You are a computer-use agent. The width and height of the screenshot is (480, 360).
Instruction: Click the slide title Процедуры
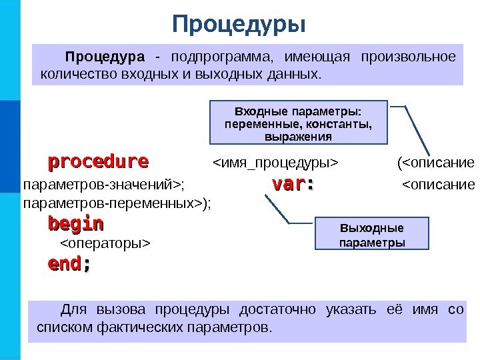click(x=239, y=25)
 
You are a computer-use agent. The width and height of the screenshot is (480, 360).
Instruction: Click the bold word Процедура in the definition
click(x=104, y=55)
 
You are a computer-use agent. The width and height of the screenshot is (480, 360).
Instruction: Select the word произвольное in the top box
click(x=408, y=55)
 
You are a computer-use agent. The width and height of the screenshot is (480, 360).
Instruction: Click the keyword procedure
click(x=98, y=162)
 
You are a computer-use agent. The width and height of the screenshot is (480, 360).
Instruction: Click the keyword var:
click(x=292, y=184)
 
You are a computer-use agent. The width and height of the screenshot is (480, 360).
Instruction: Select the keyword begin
click(x=75, y=222)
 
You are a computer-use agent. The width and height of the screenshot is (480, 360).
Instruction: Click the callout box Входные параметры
click(x=298, y=123)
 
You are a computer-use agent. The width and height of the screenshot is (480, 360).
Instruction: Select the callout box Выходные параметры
click(x=371, y=234)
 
